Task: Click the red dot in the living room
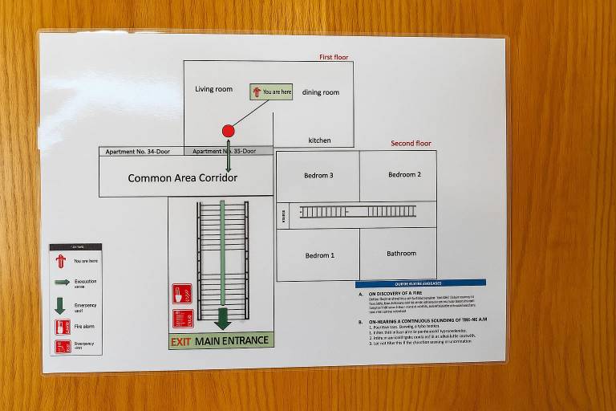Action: pos(228,131)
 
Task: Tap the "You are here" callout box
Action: pos(271,92)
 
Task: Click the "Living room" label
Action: pos(213,89)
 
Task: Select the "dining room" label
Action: pos(320,92)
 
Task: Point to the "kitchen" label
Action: pos(319,140)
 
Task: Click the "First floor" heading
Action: pos(335,57)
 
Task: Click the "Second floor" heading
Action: pos(411,144)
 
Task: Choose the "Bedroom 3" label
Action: pos(318,175)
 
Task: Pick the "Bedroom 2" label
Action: pos(404,174)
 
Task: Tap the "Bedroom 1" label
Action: pos(319,255)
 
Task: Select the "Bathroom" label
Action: pos(401,254)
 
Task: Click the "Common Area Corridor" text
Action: pos(183,178)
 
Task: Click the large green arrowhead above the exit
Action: pos(222,323)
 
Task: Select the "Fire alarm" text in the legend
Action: pos(83,327)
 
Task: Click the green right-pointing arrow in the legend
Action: pos(62,283)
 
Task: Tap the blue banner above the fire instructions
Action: pos(420,283)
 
